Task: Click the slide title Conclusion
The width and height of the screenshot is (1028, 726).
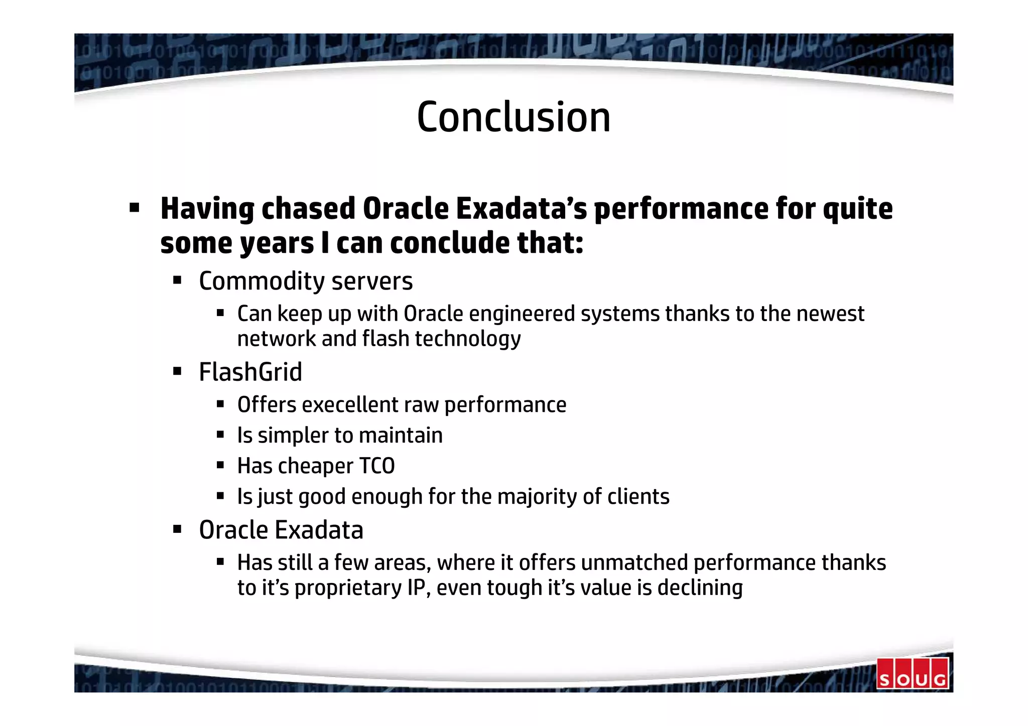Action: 513,117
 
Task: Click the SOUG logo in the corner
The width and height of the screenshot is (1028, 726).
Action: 912,673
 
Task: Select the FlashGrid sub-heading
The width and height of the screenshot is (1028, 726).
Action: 250,372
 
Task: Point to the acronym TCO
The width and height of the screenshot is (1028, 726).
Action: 376,466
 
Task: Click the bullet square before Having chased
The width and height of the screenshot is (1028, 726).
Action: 134,207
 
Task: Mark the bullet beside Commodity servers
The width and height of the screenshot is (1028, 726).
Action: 177,280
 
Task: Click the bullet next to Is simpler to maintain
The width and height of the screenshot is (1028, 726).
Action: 220,434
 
